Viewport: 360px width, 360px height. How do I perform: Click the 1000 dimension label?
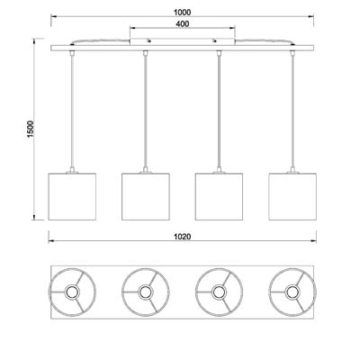pos(182,13)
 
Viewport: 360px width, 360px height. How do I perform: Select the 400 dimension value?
pos(183,24)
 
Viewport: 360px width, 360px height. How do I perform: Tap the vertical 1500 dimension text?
pos(31,129)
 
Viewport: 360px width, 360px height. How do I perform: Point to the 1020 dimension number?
pos(183,237)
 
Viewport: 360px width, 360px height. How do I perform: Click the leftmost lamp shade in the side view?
pos(72,196)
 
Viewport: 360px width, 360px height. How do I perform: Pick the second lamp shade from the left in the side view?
pos(146,196)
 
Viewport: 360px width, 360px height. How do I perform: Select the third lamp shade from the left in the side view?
pos(219,196)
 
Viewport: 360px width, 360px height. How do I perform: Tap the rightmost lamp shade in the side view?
pos(292,196)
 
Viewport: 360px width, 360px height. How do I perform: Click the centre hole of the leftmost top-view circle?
pos(72,292)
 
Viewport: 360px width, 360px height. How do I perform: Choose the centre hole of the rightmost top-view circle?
pos(292,292)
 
